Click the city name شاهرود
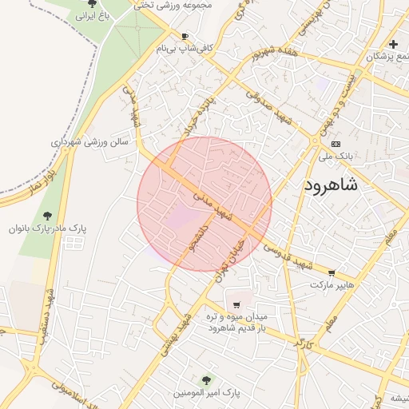tap(331, 185)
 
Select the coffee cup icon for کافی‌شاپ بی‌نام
tap(185, 37)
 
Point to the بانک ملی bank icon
tap(335, 144)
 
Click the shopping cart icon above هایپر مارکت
tap(332, 272)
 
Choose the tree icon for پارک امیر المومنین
tap(206, 380)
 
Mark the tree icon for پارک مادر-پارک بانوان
tap(48, 215)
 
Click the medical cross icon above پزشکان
tap(393, 43)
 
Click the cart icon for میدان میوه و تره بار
tap(236, 304)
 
